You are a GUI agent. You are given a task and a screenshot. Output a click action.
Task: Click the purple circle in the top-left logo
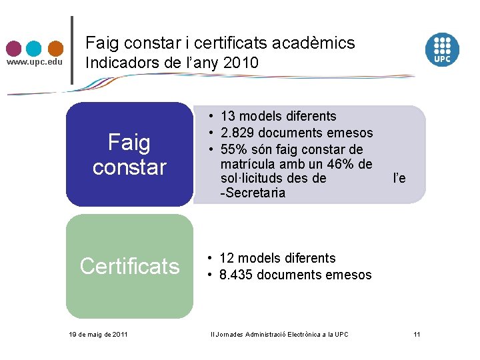[14, 49]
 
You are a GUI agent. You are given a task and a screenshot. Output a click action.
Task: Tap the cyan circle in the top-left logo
[34, 49]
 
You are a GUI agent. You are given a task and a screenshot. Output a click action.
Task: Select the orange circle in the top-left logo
[55, 49]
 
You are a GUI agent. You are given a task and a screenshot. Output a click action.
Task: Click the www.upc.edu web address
[34, 62]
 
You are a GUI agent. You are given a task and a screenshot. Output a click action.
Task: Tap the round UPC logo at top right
[443, 49]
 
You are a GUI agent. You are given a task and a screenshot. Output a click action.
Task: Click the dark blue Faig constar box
[129, 154]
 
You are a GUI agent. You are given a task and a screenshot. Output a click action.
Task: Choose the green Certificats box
[129, 266]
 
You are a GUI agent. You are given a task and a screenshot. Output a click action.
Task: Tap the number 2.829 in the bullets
[238, 132]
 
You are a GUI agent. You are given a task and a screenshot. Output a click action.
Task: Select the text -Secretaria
[243, 193]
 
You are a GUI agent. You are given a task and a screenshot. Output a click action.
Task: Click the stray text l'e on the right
[399, 178]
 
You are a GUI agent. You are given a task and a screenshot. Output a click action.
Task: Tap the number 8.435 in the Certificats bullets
[238, 275]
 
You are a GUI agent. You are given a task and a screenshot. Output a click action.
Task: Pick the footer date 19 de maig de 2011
[99, 334]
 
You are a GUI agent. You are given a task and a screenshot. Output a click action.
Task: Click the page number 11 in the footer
[417, 334]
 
